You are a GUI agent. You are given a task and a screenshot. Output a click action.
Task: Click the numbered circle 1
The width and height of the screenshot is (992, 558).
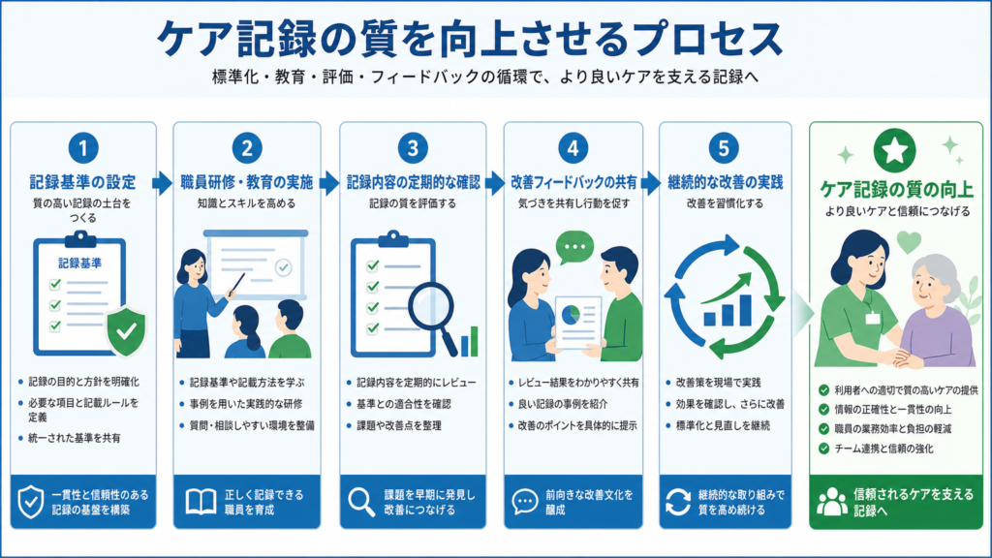[x=83, y=148]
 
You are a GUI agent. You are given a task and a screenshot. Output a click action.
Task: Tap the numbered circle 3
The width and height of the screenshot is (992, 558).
[x=413, y=148]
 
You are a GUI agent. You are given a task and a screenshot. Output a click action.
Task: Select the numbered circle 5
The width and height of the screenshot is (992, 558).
[x=724, y=148]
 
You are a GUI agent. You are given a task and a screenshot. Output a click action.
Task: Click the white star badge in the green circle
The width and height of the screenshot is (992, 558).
[x=894, y=150]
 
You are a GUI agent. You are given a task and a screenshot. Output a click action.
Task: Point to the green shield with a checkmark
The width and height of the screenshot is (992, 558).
[x=127, y=331]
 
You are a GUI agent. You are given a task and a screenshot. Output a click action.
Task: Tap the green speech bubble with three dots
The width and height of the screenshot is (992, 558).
[x=574, y=247]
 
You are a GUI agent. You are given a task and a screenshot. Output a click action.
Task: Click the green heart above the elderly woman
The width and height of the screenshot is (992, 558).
[x=909, y=241]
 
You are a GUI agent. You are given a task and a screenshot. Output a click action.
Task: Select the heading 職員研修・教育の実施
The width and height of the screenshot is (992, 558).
[x=247, y=183]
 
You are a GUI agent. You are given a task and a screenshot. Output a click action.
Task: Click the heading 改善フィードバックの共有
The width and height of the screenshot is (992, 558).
[x=573, y=183]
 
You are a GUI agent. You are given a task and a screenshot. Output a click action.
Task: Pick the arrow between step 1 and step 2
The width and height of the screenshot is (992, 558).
[x=163, y=183]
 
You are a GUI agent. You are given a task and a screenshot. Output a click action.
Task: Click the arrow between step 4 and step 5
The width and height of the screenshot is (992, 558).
[x=650, y=183]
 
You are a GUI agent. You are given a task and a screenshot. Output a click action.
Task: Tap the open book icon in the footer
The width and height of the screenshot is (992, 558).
[x=201, y=502]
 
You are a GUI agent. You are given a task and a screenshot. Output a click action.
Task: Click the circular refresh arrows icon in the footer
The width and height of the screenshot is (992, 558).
[x=677, y=503]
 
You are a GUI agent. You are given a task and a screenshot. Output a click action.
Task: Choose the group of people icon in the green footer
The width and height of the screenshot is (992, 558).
[x=831, y=502]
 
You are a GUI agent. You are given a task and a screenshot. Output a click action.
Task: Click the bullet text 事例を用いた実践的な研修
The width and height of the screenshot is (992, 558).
[x=246, y=404]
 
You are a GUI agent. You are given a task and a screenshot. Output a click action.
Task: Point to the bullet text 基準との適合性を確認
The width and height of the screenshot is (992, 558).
[x=404, y=404]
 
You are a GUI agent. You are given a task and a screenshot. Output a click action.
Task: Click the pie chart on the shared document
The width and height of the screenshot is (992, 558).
[x=572, y=313]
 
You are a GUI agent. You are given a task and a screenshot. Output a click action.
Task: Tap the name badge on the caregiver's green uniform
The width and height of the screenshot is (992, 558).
[x=873, y=317]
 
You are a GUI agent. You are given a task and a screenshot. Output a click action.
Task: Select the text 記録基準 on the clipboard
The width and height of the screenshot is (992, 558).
[x=79, y=263]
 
